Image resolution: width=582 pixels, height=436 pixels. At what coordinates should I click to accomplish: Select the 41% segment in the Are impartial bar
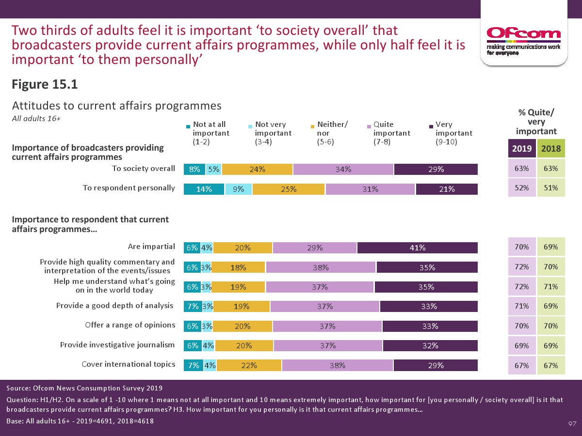417,248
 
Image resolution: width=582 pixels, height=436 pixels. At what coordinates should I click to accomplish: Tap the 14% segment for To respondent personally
204,189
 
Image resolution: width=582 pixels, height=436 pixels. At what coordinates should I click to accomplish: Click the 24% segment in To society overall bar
257,169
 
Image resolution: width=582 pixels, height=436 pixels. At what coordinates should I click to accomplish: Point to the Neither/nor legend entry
329,133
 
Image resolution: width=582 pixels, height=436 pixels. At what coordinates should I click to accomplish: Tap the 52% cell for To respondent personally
522,188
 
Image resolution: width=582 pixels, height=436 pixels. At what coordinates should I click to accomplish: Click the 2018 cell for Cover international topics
551,366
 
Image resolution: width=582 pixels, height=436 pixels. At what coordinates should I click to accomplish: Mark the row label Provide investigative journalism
117,345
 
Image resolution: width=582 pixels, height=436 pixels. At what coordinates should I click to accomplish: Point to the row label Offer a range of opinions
129,325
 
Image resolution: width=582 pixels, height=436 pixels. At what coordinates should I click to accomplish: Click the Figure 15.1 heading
45,84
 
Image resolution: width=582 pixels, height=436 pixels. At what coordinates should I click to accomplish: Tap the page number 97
572,424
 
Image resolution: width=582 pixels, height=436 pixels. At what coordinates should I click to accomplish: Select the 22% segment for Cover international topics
249,366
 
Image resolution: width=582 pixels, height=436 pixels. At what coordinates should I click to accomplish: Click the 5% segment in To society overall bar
214,169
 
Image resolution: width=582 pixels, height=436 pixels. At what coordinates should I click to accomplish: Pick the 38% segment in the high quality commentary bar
321,267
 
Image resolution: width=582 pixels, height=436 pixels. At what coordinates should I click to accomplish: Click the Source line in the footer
84,388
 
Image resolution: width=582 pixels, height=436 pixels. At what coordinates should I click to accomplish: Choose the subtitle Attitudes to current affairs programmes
116,106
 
